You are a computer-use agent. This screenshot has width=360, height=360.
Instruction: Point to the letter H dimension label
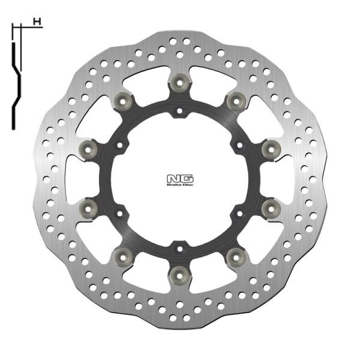[x=38, y=22]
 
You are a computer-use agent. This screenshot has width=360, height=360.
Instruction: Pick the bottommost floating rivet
[x=179, y=274]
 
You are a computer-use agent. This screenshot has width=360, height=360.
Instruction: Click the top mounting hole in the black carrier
[x=179, y=110]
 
